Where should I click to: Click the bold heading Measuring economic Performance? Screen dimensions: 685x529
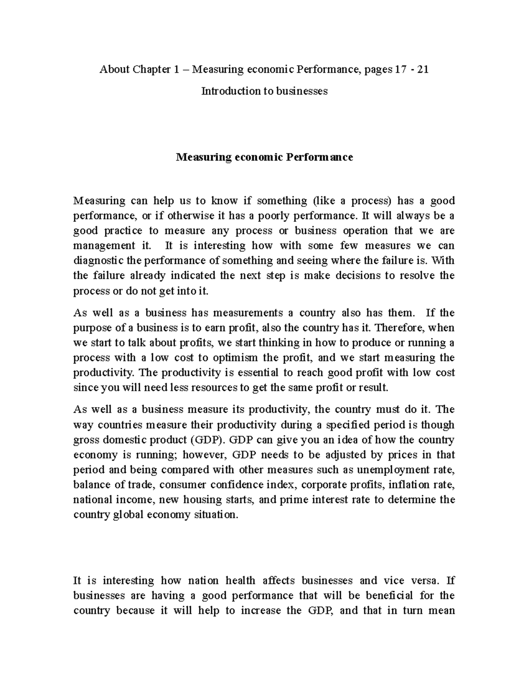point(264,157)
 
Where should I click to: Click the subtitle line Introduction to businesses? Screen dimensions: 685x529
point(264,91)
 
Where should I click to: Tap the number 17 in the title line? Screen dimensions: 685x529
point(399,69)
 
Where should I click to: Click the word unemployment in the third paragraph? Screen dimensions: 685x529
point(385,470)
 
